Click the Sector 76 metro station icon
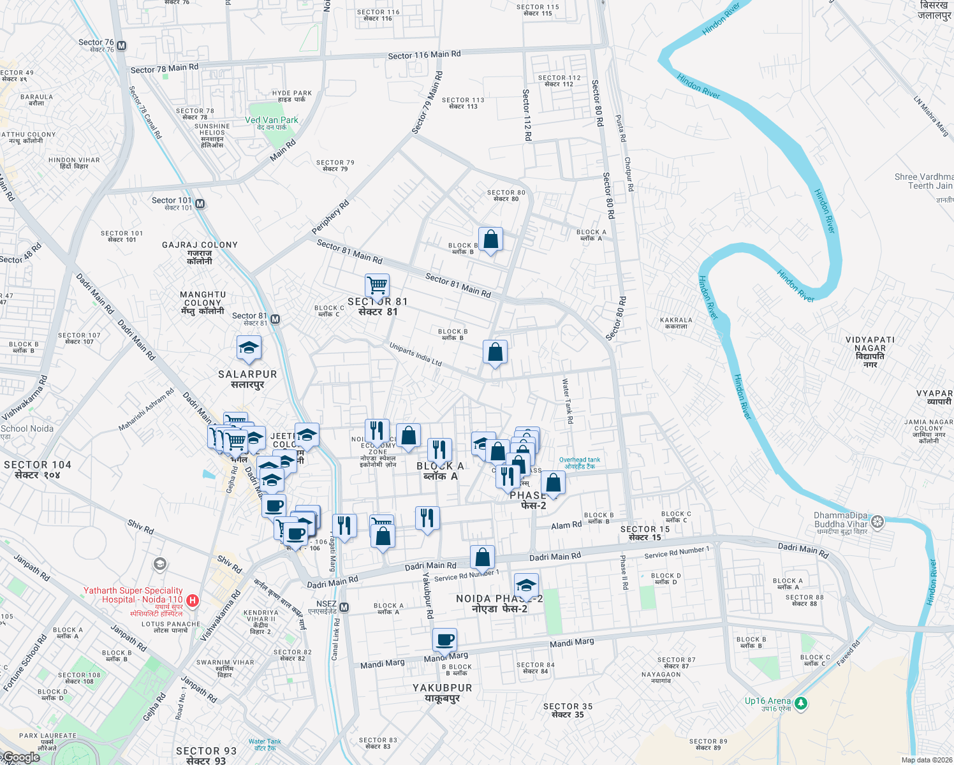point(122,46)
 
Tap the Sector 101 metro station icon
point(200,204)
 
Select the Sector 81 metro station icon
point(275,319)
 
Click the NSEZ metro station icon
point(344,608)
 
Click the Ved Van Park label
point(272,120)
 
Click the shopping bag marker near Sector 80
point(490,240)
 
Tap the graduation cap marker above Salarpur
point(249,348)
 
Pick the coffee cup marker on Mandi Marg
point(445,639)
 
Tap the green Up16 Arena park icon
point(802,703)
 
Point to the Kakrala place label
point(676,323)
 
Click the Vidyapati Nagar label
point(870,348)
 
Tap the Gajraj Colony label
point(200,252)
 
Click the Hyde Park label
point(292,96)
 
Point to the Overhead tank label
point(580,463)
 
